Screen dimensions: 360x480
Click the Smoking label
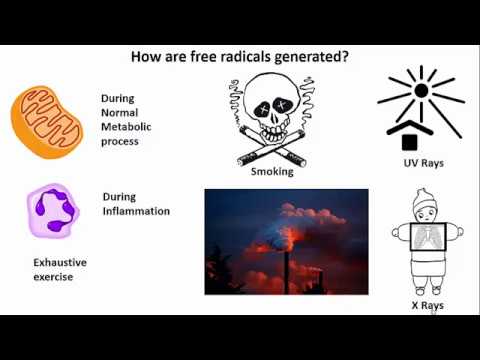click(x=272, y=172)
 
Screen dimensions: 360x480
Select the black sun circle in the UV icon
click(x=421, y=91)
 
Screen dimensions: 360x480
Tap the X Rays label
click(x=420, y=305)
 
